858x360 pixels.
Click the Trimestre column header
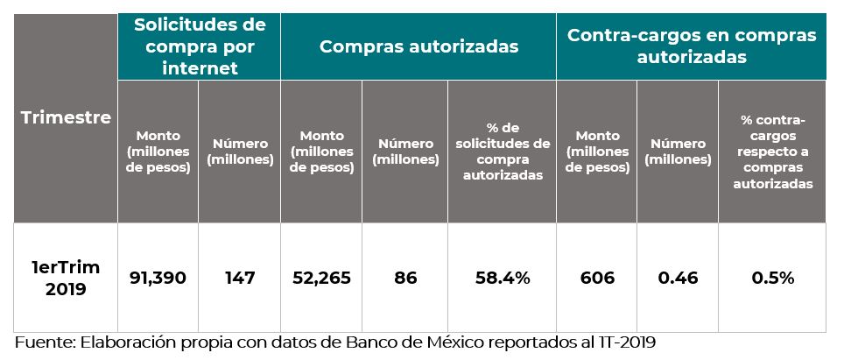tap(66, 117)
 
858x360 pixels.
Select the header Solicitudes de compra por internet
tap(200, 45)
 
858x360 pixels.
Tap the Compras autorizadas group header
tap(418, 46)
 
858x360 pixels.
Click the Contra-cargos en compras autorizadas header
tap(691, 46)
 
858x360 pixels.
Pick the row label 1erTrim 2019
tap(66, 278)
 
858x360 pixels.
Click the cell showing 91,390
tap(158, 278)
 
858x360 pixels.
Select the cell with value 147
tap(239, 278)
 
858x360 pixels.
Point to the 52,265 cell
tap(321, 278)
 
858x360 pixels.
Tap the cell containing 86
tap(404, 278)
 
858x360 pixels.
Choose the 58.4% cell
tap(502, 278)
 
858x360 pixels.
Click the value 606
tap(597, 278)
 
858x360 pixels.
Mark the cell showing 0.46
tap(677, 278)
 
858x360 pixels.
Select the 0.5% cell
tap(772, 278)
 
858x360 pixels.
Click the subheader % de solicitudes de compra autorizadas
tap(502, 152)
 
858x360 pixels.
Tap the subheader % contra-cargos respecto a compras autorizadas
tap(772, 152)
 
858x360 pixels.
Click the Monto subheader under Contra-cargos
tap(597, 152)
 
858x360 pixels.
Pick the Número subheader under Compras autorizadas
tap(404, 152)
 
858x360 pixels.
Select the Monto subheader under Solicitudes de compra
tap(158, 152)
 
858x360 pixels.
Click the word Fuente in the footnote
tap(42, 342)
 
